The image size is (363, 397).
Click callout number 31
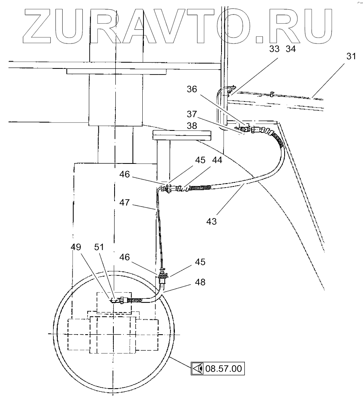pyautogui.click(x=351, y=57)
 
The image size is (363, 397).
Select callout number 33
pyautogui.click(x=275, y=49)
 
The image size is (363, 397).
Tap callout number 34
pyautogui.click(x=290, y=49)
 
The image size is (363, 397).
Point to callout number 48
pyautogui.click(x=200, y=282)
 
